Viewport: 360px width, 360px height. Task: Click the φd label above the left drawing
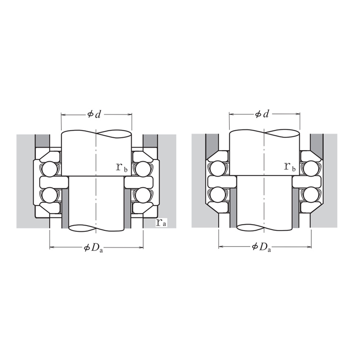(x=94, y=114)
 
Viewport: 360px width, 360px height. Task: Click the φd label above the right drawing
(x=262, y=114)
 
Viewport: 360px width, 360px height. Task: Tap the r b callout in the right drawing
(x=290, y=167)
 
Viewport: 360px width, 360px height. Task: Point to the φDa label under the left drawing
(x=94, y=248)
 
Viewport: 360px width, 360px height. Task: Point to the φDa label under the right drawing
(x=262, y=247)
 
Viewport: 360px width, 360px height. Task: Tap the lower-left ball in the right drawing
(x=217, y=195)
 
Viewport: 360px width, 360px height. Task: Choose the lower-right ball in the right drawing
(x=311, y=195)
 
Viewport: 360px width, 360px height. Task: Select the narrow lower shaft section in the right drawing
(x=264, y=202)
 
